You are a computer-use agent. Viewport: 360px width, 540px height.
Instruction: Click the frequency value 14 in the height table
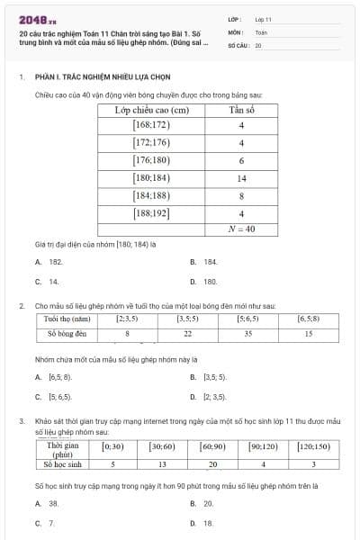(242, 178)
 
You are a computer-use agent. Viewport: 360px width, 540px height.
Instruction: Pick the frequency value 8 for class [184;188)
(242, 195)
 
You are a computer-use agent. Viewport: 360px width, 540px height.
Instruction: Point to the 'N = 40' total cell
(242, 229)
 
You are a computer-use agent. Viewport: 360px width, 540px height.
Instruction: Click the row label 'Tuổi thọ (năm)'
(67, 318)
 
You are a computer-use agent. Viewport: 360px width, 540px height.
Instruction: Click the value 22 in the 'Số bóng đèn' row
(187, 334)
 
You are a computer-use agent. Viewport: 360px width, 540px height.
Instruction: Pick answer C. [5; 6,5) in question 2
(59, 396)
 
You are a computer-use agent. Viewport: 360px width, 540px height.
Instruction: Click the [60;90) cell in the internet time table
(212, 446)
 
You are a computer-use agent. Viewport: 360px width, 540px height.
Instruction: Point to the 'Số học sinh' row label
(63, 464)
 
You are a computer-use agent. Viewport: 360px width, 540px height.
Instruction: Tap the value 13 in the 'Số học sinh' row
(163, 464)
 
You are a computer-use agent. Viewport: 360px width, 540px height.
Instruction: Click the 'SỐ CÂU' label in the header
(238, 45)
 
